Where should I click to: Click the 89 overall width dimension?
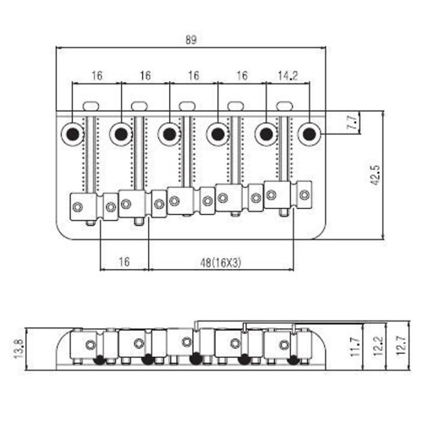[x=190, y=40]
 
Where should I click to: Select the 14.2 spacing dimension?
[x=288, y=75]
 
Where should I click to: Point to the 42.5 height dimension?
[x=376, y=175]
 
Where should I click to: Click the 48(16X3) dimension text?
[x=221, y=263]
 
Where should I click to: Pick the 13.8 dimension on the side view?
[x=19, y=349]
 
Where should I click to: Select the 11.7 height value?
[x=355, y=347]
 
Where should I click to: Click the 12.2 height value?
[x=378, y=347]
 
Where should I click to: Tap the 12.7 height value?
[x=401, y=346]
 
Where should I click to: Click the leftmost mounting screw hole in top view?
[x=73, y=134]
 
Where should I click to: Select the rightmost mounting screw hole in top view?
[x=310, y=133]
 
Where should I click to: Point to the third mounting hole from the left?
[x=169, y=134]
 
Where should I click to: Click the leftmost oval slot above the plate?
[x=91, y=106]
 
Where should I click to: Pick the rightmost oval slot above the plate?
[x=284, y=106]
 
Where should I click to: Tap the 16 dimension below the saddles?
[x=124, y=262]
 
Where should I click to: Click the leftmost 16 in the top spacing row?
[x=96, y=75]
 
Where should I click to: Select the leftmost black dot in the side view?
[x=99, y=360]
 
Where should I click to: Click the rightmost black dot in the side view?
[x=294, y=360]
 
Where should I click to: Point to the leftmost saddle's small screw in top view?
[x=77, y=207]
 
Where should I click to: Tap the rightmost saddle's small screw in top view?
[x=305, y=195]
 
